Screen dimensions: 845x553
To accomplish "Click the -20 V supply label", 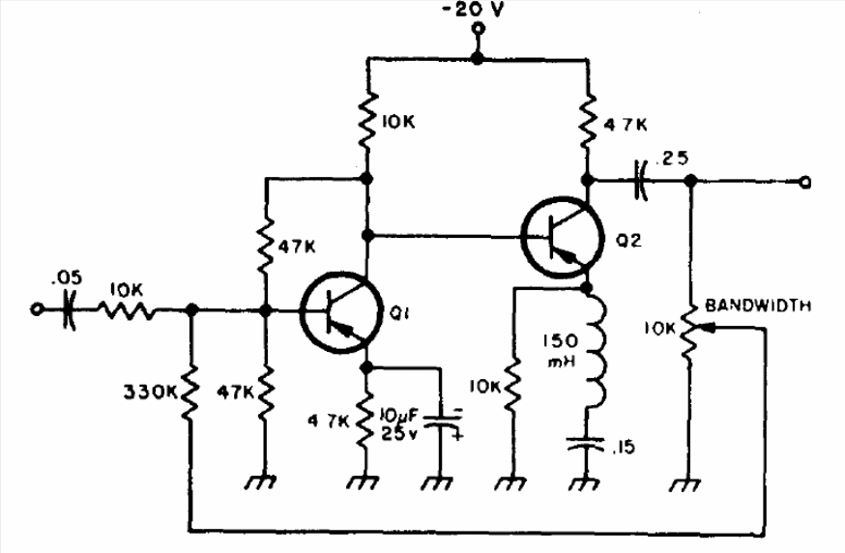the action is [472, 10].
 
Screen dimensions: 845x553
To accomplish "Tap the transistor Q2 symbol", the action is [562, 237].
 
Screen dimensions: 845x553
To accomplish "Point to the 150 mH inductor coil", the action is [595, 348].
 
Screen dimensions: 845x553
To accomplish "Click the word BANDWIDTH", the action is [758, 306].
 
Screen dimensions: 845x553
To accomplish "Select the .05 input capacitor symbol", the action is [69, 310].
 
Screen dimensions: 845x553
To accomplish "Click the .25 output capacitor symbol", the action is [640, 180].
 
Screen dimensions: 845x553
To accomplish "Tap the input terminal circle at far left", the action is [36, 310].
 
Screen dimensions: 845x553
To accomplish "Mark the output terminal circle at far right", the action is [804, 183].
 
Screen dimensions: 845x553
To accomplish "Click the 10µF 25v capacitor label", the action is [400, 424].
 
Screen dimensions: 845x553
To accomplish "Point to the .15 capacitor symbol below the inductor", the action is [586, 445].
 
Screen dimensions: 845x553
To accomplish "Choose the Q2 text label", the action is [628, 241].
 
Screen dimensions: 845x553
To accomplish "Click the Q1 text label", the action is [398, 312].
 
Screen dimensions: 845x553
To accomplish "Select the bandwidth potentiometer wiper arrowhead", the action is [710, 327].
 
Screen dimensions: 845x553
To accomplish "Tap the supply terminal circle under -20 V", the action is [477, 29].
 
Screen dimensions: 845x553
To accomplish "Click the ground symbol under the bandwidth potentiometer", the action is [686, 484].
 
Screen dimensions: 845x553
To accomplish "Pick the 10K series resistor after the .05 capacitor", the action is [127, 310].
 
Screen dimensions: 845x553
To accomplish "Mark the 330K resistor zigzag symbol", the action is [189, 392].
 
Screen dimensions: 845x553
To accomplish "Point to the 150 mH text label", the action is [560, 351].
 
